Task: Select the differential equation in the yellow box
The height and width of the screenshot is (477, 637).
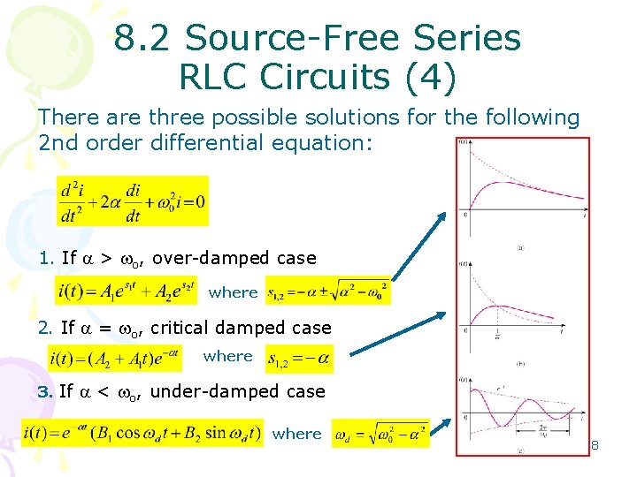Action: tap(133, 201)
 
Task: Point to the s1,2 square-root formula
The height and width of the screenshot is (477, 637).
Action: tap(328, 291)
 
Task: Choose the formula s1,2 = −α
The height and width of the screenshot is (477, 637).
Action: tap(299, 358)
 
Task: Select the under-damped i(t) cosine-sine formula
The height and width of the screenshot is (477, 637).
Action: tap(142, 433)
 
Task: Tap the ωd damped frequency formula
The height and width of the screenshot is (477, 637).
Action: tap(380, 433)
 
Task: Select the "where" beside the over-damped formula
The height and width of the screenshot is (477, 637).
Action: tap(234, 291)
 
